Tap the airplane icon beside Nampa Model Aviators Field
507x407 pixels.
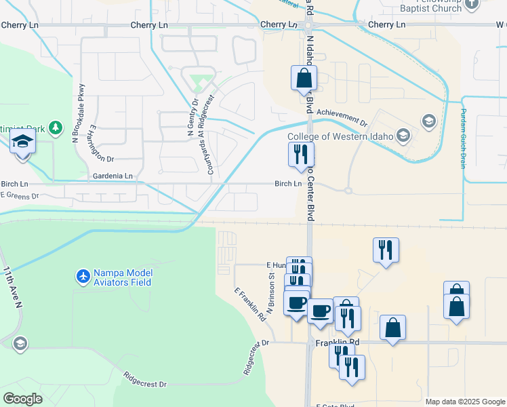(x=83, y=277)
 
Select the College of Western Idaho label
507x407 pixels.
(x=340, y=136)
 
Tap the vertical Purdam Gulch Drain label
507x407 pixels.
(x=464, y=138)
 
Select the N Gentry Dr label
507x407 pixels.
(x=190, y=119)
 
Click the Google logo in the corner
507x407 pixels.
(x=23, y=399)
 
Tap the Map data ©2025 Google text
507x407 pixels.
(x=465, y=402)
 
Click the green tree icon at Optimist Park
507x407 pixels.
(x=56, y=128)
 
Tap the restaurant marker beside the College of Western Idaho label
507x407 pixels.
(x=300, y=154)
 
